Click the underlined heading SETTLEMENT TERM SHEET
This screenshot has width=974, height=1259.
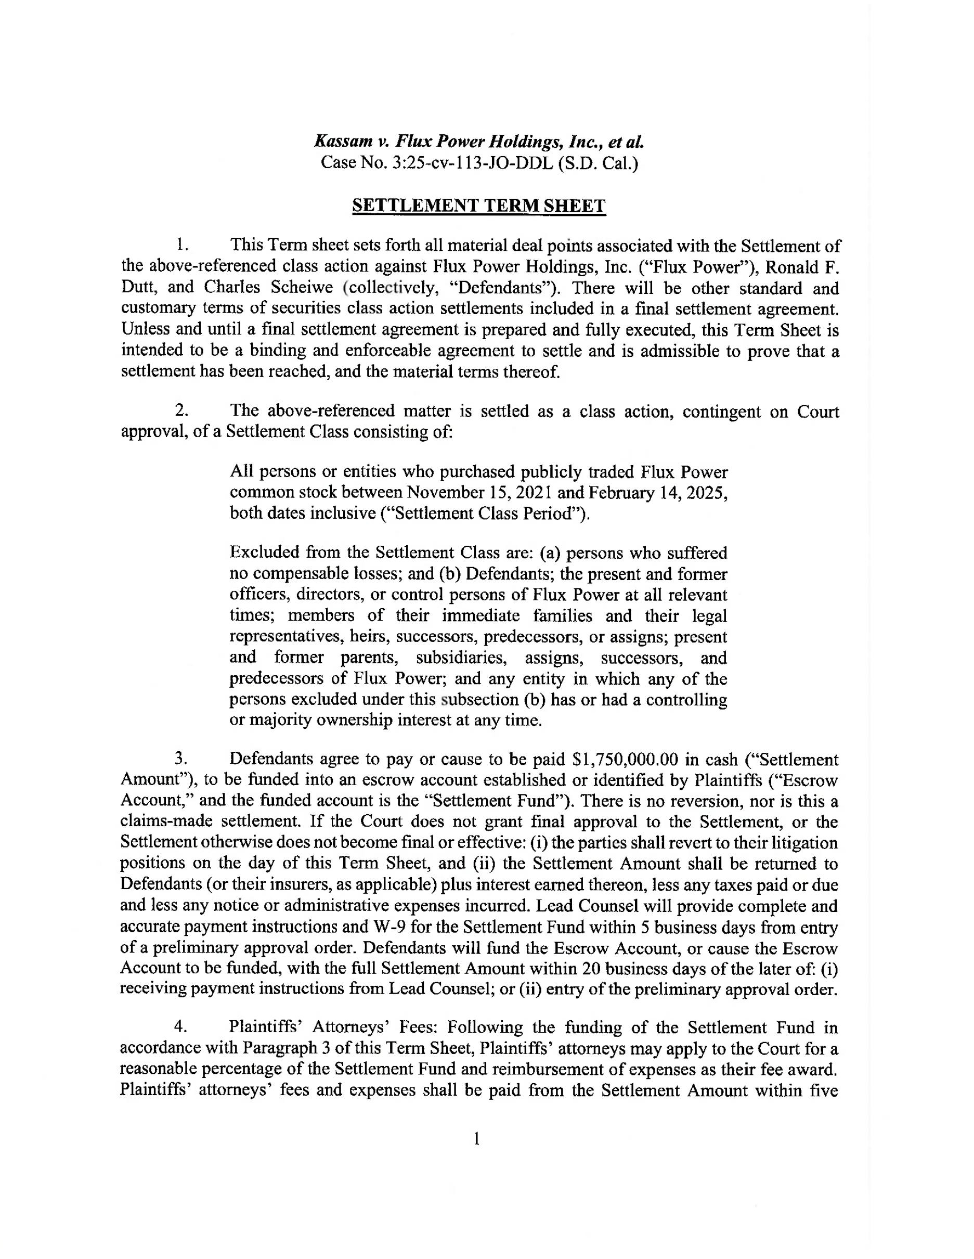(478, 206)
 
